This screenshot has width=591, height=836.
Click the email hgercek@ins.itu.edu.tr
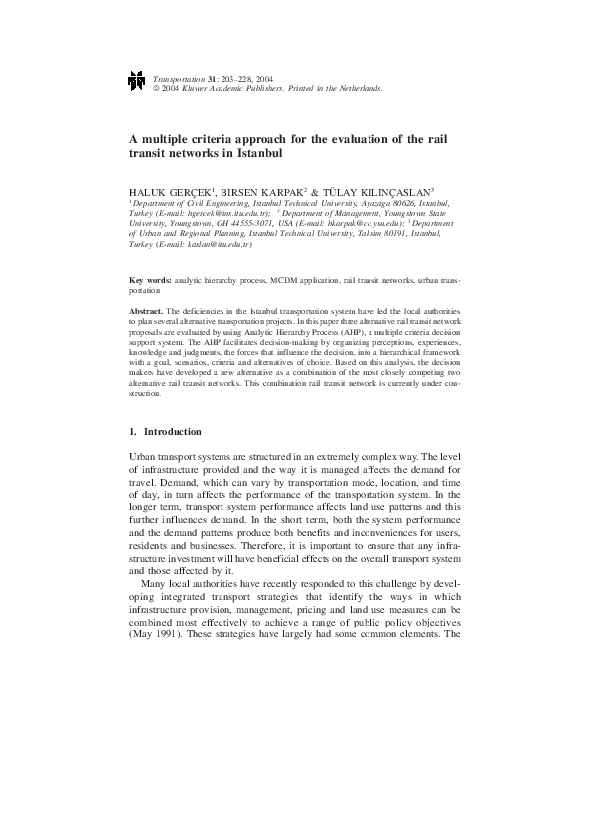click(x=224, y=212)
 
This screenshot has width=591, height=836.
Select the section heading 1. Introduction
click(x=166, y=432)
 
